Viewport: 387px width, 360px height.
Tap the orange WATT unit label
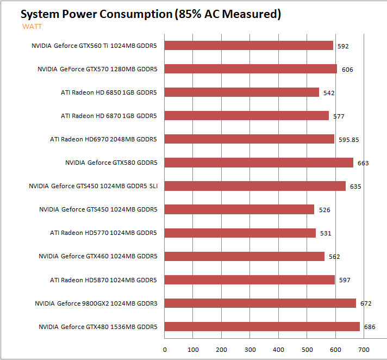tap(32, 26)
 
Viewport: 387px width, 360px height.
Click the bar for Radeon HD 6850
tap(241, 92)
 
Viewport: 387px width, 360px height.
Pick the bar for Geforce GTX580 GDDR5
tap(259, 163)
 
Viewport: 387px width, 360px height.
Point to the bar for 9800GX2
tap(260, 303)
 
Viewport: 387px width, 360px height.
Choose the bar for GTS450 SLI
tap(255, 186)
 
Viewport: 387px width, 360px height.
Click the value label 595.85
tap(348, 140)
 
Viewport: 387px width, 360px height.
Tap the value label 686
tap(370, 327)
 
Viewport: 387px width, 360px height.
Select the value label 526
tap(324, 210)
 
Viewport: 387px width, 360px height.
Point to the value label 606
tap(347, 70)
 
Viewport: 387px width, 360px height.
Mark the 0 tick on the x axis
tap(165, 350)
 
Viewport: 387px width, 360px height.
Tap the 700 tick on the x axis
tap(364, 350)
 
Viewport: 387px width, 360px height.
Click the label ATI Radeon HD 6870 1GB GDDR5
tap(109, 116)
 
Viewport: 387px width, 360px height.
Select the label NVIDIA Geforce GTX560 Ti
tap(94, 46)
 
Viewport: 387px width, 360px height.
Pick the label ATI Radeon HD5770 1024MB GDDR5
tap(103, 233)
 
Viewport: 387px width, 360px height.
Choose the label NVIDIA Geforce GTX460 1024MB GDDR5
tap(98, 256)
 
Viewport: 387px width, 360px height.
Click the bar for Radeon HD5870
tap(249, 280)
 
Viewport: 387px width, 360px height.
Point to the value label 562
tap(334, 257)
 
